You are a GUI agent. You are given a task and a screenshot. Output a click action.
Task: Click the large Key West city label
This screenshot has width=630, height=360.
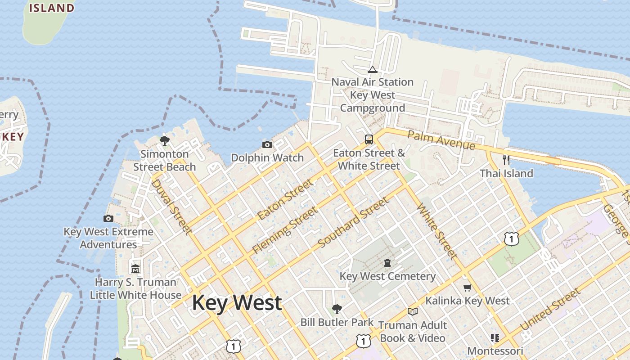237,302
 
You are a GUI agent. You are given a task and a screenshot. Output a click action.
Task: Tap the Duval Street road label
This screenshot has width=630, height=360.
171,207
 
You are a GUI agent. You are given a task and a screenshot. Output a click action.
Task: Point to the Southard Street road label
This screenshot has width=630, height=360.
353,223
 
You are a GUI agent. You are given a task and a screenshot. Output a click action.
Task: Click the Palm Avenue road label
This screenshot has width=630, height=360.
441,140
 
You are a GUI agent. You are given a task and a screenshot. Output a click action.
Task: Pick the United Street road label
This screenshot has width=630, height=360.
550,310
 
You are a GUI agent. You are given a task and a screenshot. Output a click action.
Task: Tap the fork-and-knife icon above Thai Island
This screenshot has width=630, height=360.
506,160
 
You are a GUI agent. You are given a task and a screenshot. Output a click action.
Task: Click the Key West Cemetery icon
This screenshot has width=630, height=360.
387,262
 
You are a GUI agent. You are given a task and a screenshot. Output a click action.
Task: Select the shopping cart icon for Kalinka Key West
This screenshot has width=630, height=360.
467,288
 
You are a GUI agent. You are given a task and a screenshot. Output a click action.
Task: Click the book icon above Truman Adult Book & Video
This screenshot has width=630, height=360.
412,311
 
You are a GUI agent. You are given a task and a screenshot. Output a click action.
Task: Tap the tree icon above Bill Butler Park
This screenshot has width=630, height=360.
337,309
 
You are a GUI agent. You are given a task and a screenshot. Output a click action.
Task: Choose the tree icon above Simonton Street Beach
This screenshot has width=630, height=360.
165,140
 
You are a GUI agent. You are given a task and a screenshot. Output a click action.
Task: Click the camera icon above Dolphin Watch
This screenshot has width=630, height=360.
267,144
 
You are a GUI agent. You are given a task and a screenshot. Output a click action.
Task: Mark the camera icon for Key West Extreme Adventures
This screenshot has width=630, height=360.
108,218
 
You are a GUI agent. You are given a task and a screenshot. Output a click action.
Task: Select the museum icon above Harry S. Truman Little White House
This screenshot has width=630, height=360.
135,269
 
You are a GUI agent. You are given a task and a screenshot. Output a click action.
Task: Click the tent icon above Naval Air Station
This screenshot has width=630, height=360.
372,69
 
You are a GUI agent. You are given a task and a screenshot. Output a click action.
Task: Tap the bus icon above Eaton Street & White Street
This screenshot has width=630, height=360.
369,139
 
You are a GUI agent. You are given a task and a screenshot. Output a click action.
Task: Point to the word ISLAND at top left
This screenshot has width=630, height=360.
52,8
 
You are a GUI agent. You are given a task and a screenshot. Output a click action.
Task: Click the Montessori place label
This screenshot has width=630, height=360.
495,351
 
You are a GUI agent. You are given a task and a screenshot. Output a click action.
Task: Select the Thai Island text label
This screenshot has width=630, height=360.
506,173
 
